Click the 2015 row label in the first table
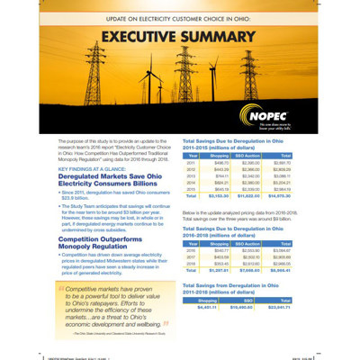(x=191, y=189)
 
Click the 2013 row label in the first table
(x=191, y=175)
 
